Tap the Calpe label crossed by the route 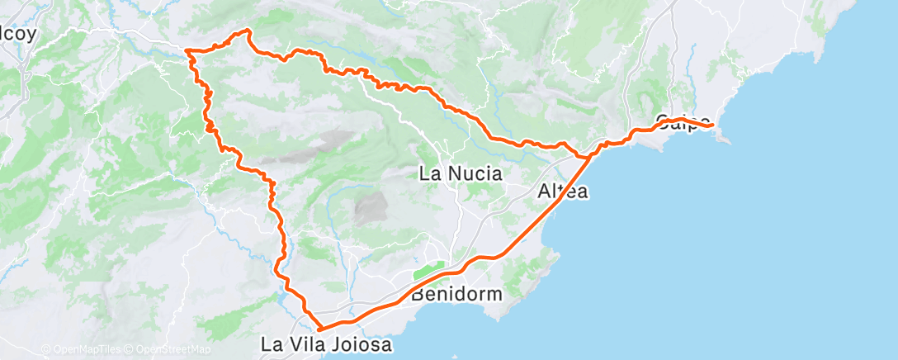click(682, 123)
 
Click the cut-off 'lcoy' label click(17, 36)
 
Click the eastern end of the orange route click(711, 125)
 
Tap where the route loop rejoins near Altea click(587, 156)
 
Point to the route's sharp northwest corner click(188, 52)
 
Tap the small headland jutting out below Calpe click(723, 139)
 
